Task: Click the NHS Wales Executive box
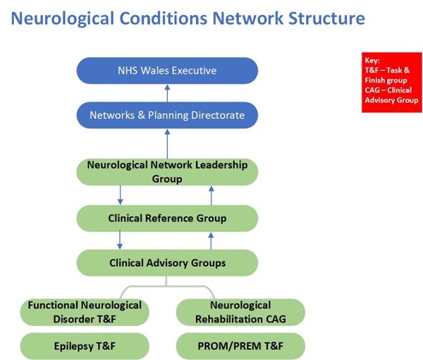coord(167,70)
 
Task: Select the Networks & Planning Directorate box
coord(167,115)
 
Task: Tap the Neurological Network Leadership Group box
coord(167,172)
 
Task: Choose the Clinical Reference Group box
coord(167,218)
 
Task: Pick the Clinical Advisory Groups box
coord(167,263)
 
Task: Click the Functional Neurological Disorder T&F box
coord(85,312)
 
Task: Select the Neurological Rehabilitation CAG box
coord(240,312)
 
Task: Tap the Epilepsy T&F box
coord(85,346)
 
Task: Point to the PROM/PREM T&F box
coord(240,346)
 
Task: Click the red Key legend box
coord(392,82)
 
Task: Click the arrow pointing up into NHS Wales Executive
coord(167,93)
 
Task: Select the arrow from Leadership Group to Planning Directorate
coord(167,144)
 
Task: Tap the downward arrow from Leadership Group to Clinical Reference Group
coord(121,195)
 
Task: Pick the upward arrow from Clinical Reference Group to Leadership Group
coord(211,196)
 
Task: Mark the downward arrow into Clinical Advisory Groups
coord(120,240)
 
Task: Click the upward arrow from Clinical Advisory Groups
coord(211,241)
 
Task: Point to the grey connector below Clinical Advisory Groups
coord(166,286)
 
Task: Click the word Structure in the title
coord(326,18)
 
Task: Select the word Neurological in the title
coord(63,19)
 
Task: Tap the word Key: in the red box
coord(372,61)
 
